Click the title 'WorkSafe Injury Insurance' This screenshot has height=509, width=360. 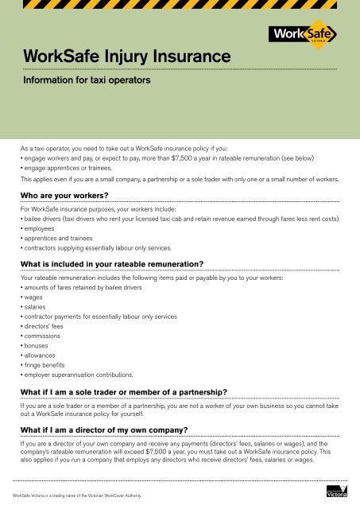[x=128, y=56]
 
